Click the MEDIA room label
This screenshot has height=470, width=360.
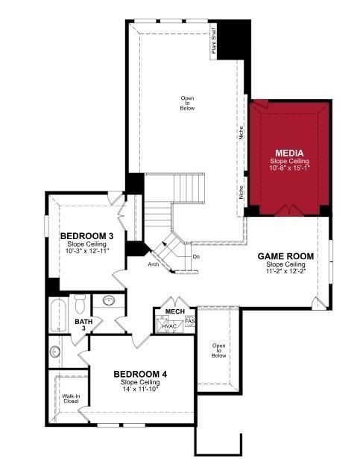click(288, 153)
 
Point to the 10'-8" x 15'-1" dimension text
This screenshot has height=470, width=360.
click(288, 168)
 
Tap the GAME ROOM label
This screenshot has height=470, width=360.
click(285, 256)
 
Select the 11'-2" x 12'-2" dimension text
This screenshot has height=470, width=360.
click(285, 271)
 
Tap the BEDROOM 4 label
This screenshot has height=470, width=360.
click(140, 374)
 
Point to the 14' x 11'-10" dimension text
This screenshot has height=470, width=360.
click(140, 388)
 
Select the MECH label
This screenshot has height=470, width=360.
click(174, 311)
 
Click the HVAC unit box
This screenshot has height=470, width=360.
click(169, 325)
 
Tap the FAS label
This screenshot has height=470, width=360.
click(190, 322)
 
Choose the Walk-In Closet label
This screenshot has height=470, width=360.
click(72, 399)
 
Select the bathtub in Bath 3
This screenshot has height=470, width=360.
click(58, 315)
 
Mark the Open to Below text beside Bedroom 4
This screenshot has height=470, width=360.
click(218, 351)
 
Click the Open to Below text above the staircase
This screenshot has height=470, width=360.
click(187, 104)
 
